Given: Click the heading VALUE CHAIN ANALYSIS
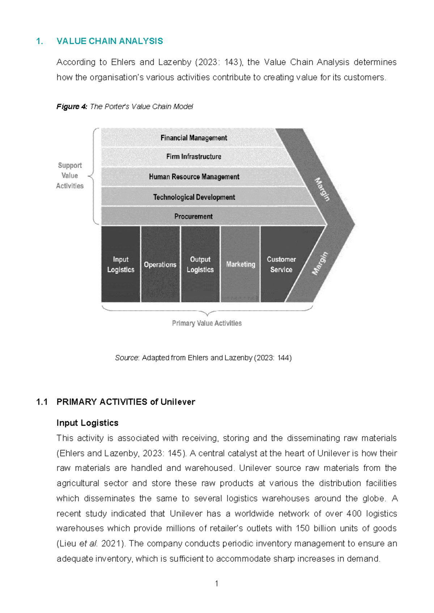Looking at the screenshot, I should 110,41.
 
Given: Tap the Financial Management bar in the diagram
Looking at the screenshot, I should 194,138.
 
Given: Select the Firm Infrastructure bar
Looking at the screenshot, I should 194,157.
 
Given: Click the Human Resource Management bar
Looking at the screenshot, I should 194,177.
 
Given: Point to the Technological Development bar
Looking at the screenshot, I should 194,197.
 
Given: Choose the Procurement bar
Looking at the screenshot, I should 193,216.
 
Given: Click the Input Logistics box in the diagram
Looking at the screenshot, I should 121,264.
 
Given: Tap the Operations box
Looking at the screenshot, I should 160,264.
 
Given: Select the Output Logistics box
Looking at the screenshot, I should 200,264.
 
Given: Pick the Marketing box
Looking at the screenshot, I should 241,264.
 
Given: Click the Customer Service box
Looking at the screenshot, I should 281,264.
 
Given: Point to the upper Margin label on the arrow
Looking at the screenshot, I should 322,189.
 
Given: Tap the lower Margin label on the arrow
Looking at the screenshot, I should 320,263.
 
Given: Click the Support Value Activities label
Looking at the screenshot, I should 70,176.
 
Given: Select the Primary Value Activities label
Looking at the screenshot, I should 207,323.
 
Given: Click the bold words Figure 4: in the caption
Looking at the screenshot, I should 72,107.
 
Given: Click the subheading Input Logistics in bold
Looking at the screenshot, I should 88,423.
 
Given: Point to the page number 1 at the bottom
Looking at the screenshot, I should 217,583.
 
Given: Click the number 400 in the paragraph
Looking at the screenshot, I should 354,514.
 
